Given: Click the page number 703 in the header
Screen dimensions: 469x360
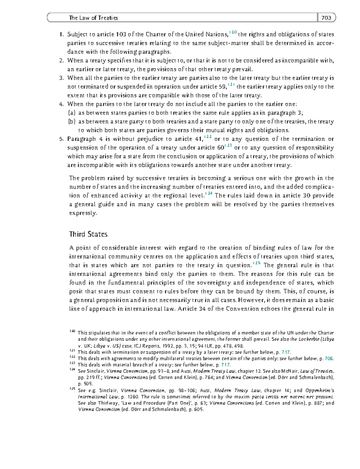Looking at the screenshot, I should coord(326,18).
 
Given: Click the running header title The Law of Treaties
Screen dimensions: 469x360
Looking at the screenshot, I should coord(93,18).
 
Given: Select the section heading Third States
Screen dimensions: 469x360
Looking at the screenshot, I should coord(88,234).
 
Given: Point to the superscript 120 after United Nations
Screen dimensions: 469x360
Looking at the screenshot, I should coord(233,32).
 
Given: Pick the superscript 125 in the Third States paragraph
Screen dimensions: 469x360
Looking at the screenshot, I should coord(257,263).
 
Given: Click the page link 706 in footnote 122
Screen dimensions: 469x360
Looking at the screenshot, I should coord(329,359).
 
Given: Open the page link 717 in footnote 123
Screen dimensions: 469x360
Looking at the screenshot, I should coord(225,365).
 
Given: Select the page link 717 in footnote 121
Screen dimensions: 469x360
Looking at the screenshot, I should coord(286,352).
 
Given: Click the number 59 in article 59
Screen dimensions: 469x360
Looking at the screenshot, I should coord(223,87).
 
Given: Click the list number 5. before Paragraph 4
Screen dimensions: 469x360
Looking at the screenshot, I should coord(61,139).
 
